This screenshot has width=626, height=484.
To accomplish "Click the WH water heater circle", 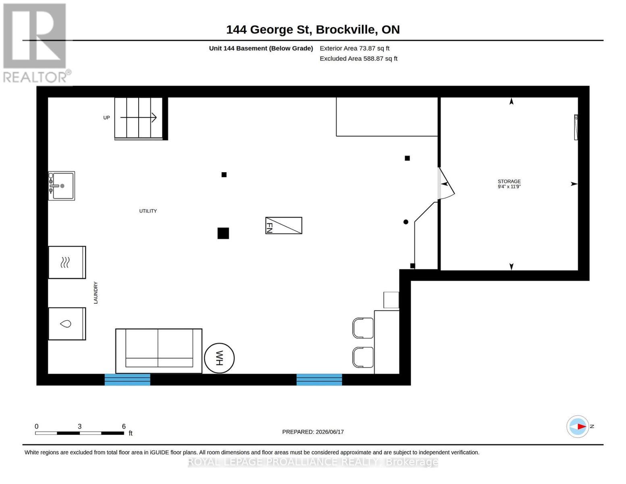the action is pyautogui.click(x=219, y=358).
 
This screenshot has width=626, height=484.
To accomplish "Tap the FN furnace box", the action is pyautogui.click(x=283, y=225).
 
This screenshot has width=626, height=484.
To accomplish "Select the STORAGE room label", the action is pyautogui.click(x=509, y=181).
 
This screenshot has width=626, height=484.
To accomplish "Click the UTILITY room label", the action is pyautogui.click(x=148, y=211).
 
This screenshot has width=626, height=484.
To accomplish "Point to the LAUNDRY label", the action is pyautogui.click(x=96, y=292).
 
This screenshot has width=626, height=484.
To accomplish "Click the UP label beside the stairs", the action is pyautogui.click(x=106, y=118).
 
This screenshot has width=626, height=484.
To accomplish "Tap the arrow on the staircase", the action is pyautogui.click(x=138, y=117).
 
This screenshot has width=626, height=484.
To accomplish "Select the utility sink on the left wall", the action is pyautogui.click(x=61, y=186).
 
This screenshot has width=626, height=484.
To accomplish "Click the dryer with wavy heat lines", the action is pyautogui.click(x=67, y=262).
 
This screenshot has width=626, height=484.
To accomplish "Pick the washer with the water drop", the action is pyautogui.click(x=67, y=324).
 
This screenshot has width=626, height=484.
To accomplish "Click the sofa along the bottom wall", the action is pyautogui.click(x=159, y=351).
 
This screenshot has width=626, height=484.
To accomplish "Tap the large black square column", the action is pyautogui.click(x=223, y=233).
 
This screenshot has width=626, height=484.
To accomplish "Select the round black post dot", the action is pyautogui.click(x=406, y=222).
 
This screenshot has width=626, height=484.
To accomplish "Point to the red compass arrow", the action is pyautogui.click(x=582, y=426).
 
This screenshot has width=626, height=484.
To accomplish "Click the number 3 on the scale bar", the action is pyautogui.click(x=79, y=426).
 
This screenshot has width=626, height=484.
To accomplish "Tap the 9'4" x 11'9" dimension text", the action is pyautogui.click(x=509, y=186).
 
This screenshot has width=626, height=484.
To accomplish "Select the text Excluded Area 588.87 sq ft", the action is pyautogui.click(x=358, y=58).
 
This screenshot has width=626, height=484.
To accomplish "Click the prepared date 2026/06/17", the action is pyautogui.click(x=330, y=432).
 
